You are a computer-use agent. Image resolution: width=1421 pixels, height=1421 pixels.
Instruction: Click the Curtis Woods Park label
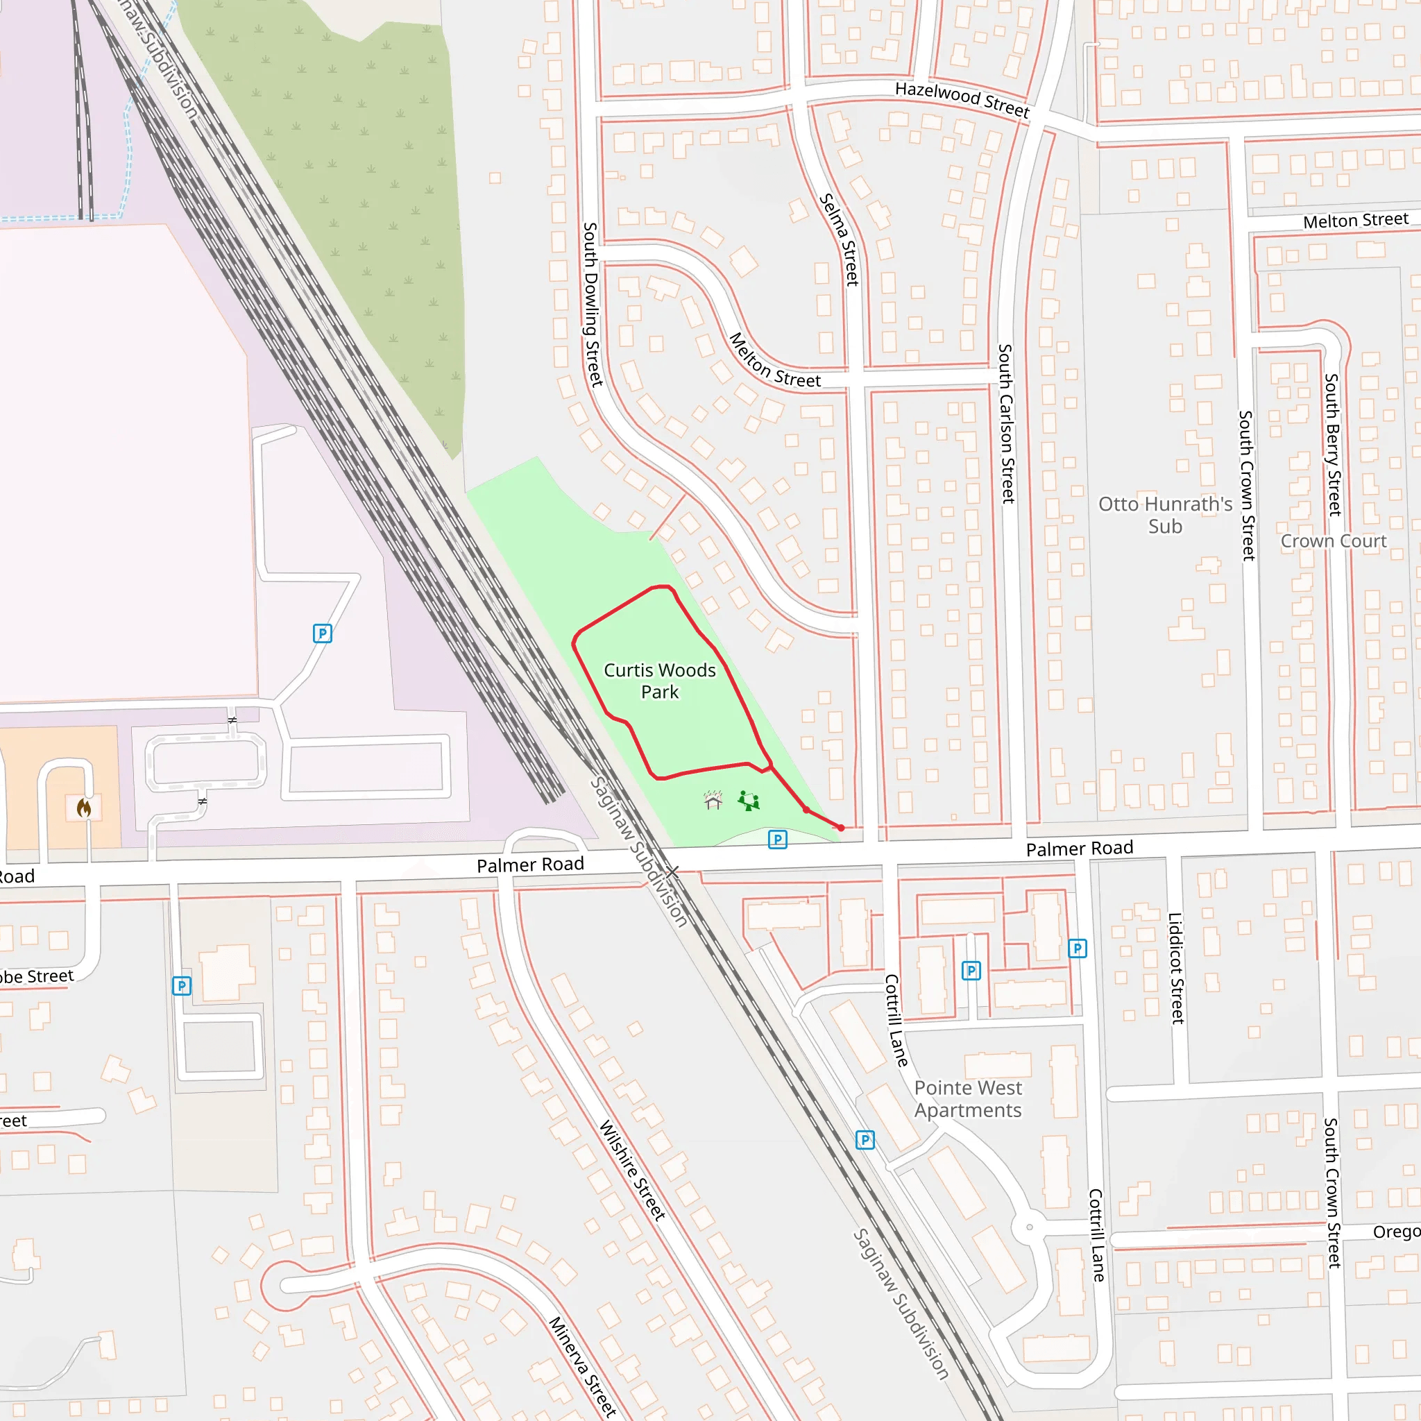[659, 681]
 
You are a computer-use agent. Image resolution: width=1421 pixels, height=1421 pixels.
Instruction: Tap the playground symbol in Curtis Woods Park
[749, 801]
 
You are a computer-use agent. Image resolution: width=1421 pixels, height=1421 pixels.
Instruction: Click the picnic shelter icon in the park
[713, 800]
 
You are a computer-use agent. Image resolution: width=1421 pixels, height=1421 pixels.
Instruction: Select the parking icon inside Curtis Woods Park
[777, 840]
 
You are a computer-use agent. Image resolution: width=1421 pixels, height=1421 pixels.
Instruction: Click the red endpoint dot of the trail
[841, 828]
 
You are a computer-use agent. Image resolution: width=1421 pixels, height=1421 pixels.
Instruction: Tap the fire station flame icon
[84, 808]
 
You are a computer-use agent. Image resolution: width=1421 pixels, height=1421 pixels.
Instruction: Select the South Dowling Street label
[592, 304]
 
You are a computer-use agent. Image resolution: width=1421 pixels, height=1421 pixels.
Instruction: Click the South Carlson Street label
[1006, 424]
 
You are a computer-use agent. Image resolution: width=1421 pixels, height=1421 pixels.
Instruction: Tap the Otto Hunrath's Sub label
[1165, 515]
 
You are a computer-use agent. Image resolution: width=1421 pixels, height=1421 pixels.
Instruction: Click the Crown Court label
[1333, 541]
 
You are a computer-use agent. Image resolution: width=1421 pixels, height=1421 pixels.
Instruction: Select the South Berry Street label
[1332, 444]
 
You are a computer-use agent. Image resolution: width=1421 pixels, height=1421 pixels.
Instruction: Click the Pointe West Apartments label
[967, 1099]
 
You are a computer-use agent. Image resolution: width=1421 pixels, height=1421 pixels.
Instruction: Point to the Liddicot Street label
[1175, 968]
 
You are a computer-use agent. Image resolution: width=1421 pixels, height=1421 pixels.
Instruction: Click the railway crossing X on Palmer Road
[672, 872]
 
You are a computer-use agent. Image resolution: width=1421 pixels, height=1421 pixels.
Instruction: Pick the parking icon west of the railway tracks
[322, 633]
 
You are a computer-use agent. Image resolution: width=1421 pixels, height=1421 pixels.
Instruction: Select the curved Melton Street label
[774, 361]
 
